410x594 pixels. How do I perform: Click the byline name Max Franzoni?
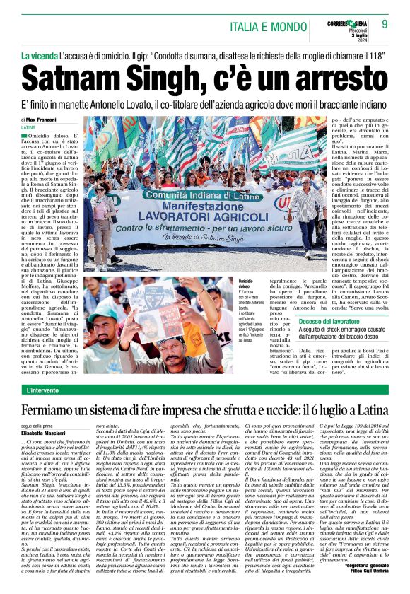tap(47, 120)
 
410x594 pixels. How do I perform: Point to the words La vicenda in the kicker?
tap(40, 55)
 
